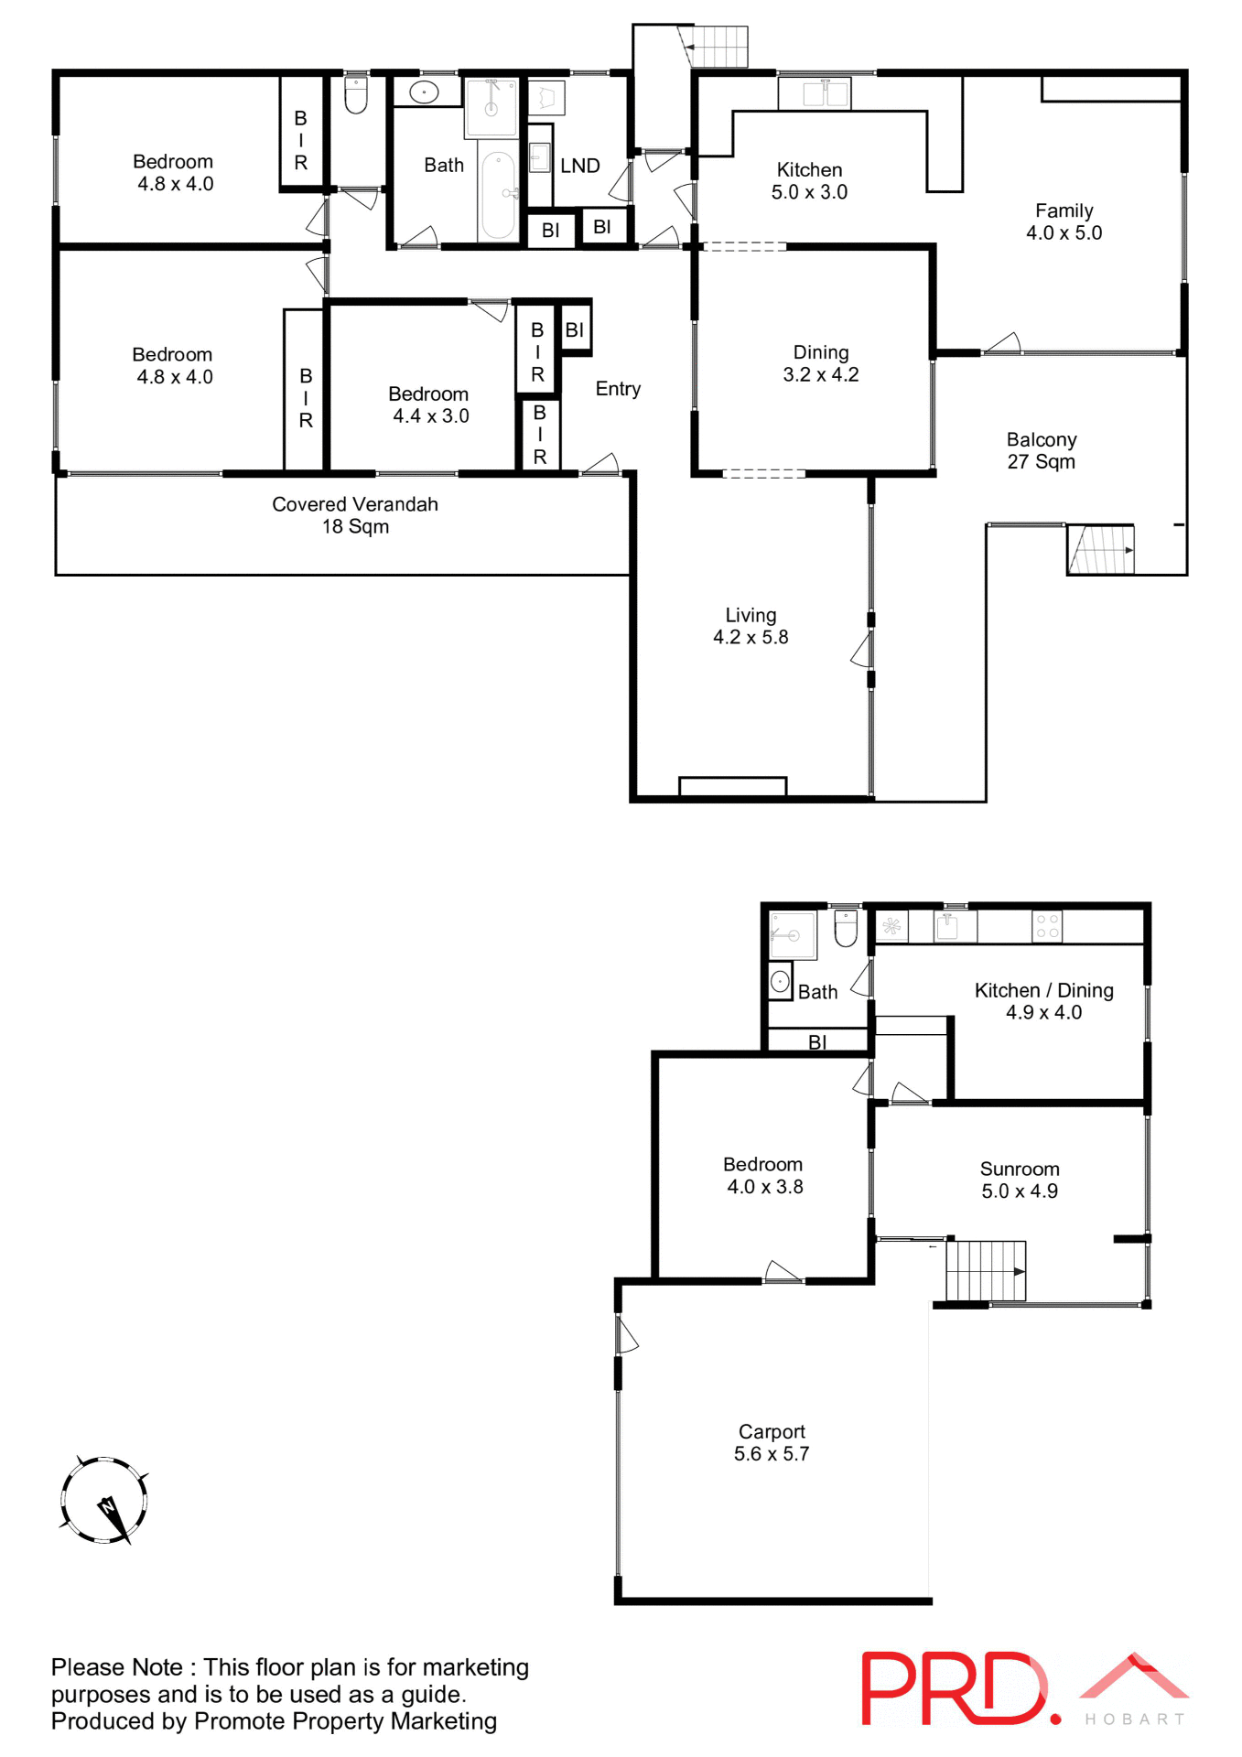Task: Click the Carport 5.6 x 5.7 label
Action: point(772,1442)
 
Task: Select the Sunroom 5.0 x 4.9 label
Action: point(1020,1180)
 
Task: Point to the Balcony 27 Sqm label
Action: point(1042,450)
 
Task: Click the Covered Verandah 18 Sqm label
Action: point(355,515)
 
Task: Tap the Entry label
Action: point(618,389)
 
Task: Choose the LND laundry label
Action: point(580,166)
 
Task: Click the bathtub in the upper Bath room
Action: point(498,195)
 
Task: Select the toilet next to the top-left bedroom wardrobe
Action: point(356,95)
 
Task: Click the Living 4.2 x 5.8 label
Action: point(751,626)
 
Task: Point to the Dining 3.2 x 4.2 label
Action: point(821,363)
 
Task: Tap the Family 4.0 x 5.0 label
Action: point(1064,221)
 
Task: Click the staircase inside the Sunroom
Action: point(986,1270)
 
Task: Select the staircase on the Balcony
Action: point(1101,549)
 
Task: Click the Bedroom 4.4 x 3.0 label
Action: point(429,404)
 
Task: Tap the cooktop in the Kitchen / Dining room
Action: point(1047,926)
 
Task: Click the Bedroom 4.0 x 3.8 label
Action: point(763,1175)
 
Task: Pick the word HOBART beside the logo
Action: point(1134,1719)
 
